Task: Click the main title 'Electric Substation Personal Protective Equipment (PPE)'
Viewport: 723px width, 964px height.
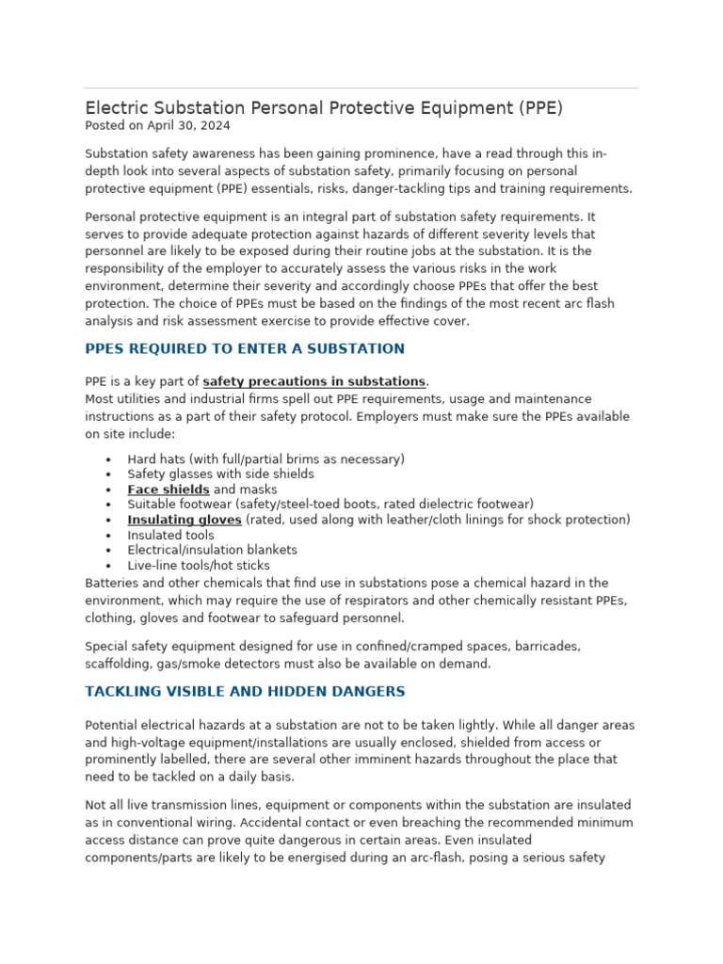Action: click(324, 108)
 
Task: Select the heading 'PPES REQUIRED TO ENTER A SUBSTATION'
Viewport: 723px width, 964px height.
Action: click(245, 349)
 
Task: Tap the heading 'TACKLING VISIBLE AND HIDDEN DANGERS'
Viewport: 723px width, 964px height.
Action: click(245, 692)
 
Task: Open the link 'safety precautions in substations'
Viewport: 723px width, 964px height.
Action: click(314, 381)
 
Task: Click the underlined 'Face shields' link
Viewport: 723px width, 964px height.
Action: click(169, 490)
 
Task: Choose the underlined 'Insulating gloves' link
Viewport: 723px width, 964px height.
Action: click(185, 520)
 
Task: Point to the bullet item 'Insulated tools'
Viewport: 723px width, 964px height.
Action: click(170, 535)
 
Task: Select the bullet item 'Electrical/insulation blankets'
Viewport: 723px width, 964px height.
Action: click(212, 550)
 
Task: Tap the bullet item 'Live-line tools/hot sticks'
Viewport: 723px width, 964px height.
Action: click(199, 566)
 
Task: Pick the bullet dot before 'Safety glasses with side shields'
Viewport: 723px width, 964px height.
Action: click(109, 475)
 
